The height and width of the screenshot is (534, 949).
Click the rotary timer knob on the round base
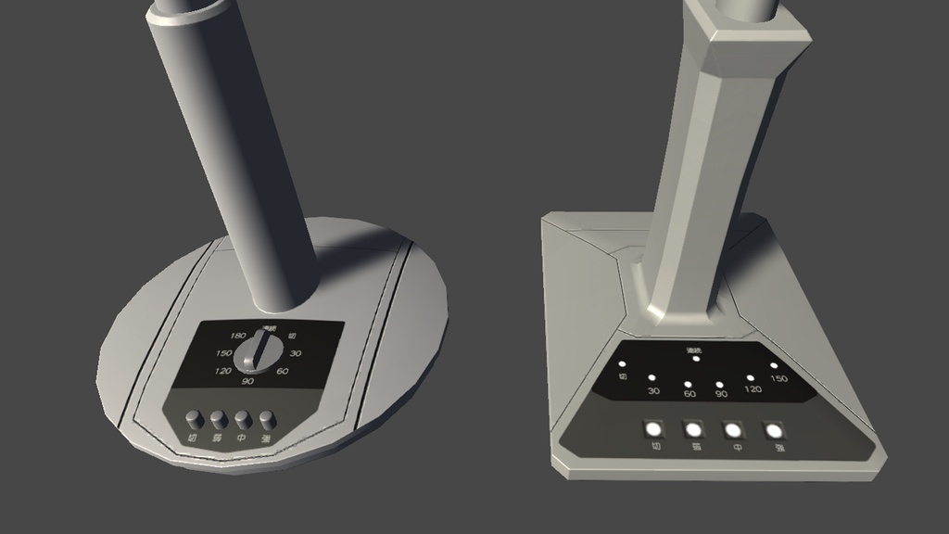pyautogui.click(x=259, y=352)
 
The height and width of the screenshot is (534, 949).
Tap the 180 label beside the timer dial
pyautogui.click(x=237, y=336)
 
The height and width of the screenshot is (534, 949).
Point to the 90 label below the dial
pyautogui.click(x=247, y=381)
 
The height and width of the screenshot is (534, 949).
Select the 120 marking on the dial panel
pyautogui.click(x=222, y=371)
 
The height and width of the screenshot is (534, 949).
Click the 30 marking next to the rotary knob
pyautogui.click(x=296, y=353)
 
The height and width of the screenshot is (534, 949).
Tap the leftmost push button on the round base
pyautogui.click(x=194, y=418)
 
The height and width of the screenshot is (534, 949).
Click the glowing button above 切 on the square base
pyautogui.click(x=653, y=429)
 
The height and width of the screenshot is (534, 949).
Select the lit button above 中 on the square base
pyautogui.click(x=733, y=430)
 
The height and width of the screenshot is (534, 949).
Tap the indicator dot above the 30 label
pyautogui.click(x=652, y=378)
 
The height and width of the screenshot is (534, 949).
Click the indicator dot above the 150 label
pyautogui.click(x=774, y=365)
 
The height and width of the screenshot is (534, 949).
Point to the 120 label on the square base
pyautogui.click(x=753, y=389)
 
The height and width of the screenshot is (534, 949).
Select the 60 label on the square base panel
pyautogui.click(x=690, y=395)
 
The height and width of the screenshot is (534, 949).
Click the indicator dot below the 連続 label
pyautogui.click(x=696, y=359)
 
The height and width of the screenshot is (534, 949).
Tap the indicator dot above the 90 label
pyautogui.click(x=719, y=383)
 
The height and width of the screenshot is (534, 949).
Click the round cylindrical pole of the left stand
pyautogui.click(x=232, y=158)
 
